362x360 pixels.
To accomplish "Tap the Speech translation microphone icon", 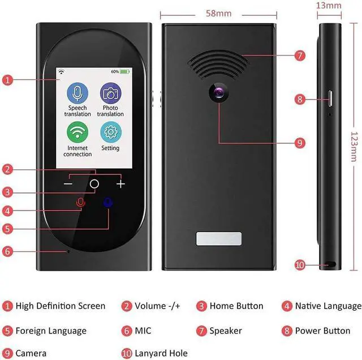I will coord(77,93).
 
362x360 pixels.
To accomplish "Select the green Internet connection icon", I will coord(77,132).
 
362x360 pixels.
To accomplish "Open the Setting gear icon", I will coord(110,132).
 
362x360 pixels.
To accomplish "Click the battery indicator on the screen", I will coord(124,72).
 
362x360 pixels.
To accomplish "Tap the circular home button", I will coord(94,184).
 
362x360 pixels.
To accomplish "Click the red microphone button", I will coord(80,203).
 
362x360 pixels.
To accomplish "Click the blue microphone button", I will coord(107,203).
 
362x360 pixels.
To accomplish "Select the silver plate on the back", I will coord(218,239).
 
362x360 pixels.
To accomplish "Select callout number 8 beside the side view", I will coord(300,99).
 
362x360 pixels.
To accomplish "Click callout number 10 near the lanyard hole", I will coord(300,264).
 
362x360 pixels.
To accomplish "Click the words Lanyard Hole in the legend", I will coord(161,353).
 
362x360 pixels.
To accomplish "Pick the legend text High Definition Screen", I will coord(60,306).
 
